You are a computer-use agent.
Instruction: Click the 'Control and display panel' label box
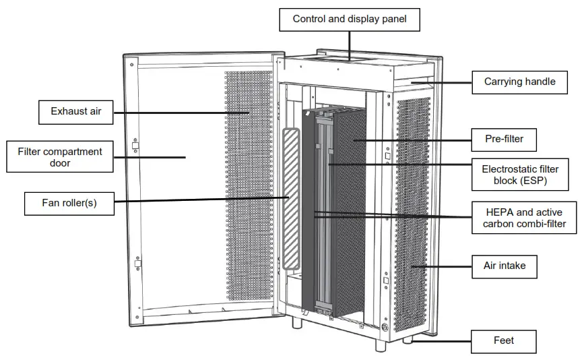[350, 19]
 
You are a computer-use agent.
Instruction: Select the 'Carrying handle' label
[519, 82]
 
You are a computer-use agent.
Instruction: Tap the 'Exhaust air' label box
[75, 111]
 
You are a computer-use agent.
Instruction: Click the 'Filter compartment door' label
[59, 157]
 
